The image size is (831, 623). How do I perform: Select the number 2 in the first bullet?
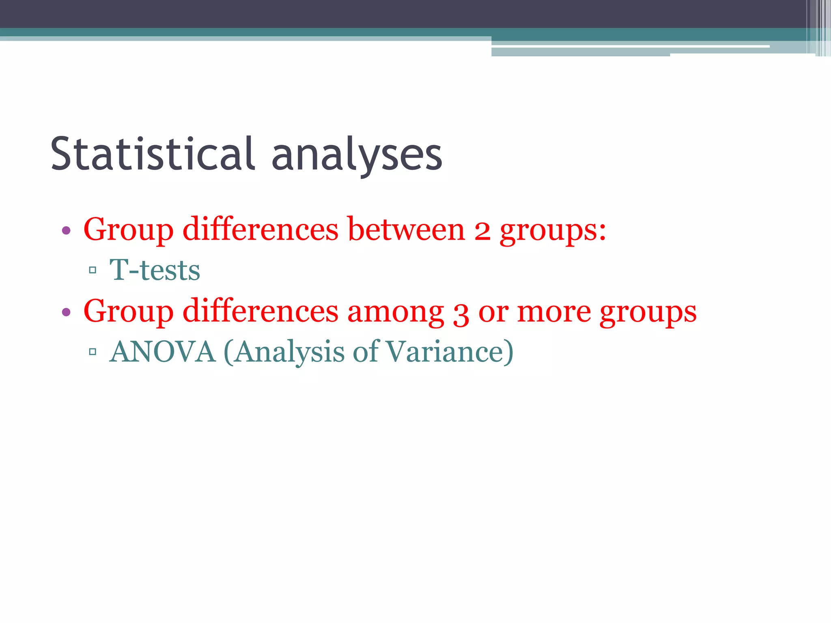click(482, 230)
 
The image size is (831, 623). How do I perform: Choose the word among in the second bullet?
click(396, 311)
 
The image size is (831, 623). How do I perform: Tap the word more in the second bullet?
click(554, 311)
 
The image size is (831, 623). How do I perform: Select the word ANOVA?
click(163, 351)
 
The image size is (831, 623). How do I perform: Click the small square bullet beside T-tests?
click(93, 270)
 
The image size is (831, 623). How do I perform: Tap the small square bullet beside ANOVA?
click(93, 351)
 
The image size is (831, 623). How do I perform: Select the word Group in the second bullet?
click(129, 311)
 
